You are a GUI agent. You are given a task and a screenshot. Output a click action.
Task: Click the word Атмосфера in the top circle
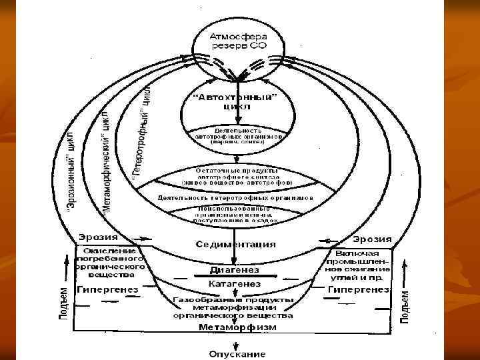(238, 36)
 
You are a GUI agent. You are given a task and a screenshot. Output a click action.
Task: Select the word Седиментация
(236, 244)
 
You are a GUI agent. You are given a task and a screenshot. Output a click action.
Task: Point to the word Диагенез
(235, 270)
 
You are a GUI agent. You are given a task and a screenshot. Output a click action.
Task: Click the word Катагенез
(235, 285)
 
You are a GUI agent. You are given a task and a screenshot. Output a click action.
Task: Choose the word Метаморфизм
(235, 327)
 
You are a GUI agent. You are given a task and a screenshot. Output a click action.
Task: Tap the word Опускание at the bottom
(237, 353)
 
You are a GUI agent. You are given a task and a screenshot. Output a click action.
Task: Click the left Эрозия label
(98, 237)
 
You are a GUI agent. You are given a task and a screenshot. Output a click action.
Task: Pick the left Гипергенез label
(107, 290)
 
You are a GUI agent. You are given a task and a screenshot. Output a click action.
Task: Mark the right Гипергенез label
(359, 290)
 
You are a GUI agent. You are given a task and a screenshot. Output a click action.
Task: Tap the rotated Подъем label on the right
(405, 306)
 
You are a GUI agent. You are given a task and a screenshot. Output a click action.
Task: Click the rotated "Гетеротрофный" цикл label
(141, 129)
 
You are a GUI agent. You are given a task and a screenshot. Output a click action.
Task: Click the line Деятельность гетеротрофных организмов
(235, 198)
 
